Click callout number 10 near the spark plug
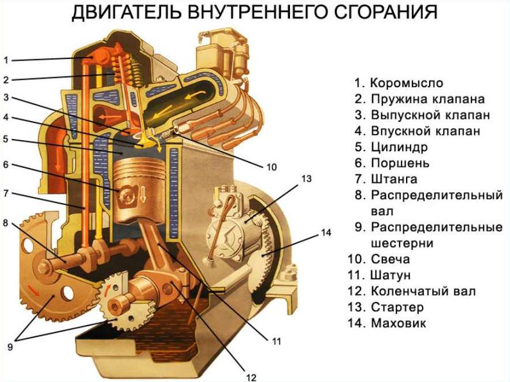tap(271, 167)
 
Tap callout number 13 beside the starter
tap(306, 179)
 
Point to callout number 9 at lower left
tap(10, 347)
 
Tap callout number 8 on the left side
tap(6, 223)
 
